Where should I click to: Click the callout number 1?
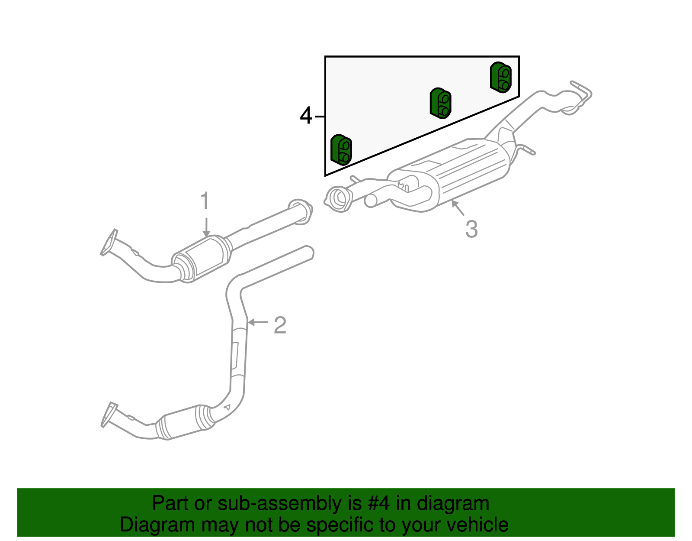tap(205, 201)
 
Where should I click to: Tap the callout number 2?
tap(280, 325)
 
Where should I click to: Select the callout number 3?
tap(471, 229)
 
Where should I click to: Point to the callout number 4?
tap(306, 116)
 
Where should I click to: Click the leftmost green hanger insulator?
tap(341, 150)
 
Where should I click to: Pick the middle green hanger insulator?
tap(440, 103)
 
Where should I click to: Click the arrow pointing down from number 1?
tap(206, 227)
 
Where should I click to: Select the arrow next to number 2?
tap(258, 322)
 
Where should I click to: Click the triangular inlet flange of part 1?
tap(109, 243)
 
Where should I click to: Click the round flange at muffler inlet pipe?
tap(339, 199)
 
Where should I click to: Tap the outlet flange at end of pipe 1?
tap(301, 211)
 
